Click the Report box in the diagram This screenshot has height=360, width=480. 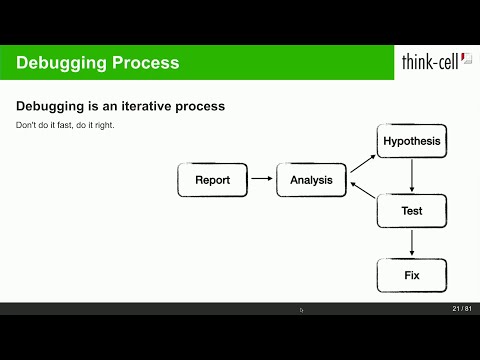212,181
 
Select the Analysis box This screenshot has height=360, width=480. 311,181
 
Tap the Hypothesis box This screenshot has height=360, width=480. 411,142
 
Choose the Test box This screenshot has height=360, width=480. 411,211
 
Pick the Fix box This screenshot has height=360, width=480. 411,275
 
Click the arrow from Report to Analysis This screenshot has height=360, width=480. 261,181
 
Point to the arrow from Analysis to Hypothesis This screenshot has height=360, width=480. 361,163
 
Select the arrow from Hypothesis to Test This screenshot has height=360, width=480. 412,176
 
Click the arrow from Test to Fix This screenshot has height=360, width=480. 412,243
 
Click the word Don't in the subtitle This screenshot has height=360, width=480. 26,125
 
